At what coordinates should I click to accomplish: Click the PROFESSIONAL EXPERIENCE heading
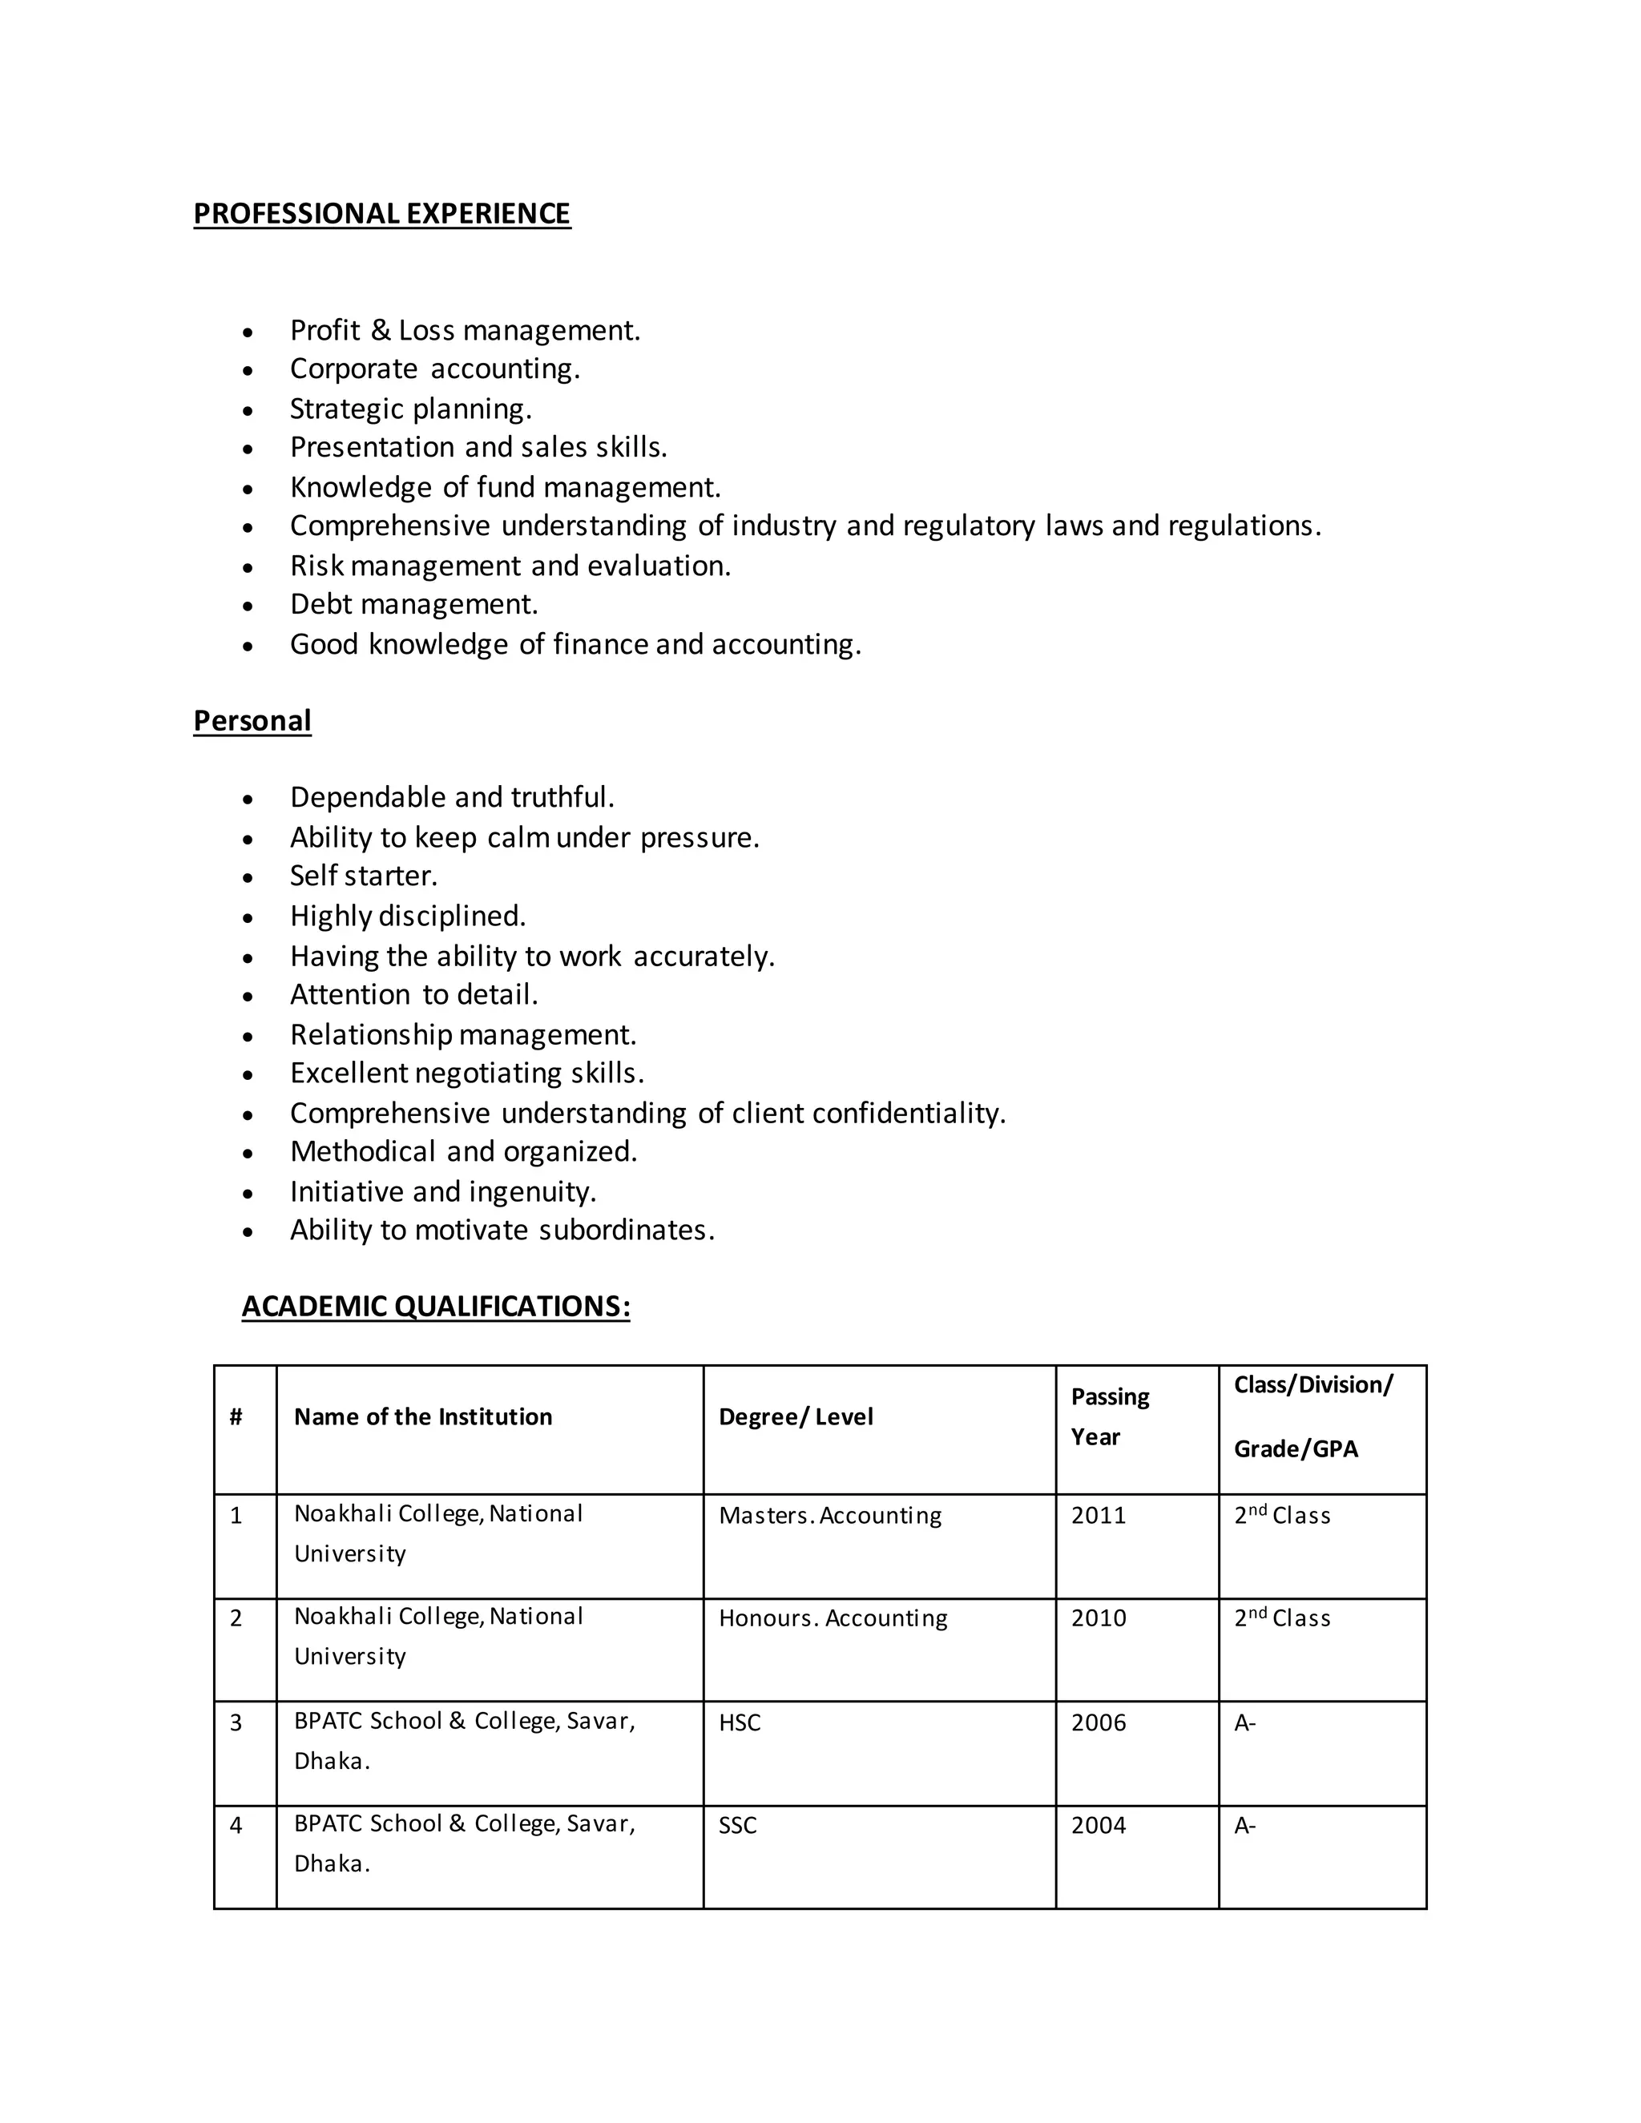(382, 214)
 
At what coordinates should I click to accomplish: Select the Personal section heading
(252, 720)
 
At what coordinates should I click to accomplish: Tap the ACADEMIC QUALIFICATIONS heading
(436, 1306)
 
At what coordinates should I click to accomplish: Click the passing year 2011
(1099, 1516)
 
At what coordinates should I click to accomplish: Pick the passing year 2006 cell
(1099, 1722)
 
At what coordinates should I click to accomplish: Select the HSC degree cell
(740, 1722)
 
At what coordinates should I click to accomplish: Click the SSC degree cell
(738, 1826)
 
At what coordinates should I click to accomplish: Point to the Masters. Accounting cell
(830, 1516)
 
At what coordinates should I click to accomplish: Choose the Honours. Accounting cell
(833, 1618)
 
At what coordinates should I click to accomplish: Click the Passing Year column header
(1111, 1416)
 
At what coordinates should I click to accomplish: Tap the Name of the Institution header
(423, 1416)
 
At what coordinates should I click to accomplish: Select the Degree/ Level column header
(795, 1416)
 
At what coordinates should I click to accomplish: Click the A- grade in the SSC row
(1245, 1826)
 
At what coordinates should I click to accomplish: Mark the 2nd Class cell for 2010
(1282, 1618)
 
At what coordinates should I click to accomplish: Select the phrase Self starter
(364, 876)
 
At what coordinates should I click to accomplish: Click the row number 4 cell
(236, 1826)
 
